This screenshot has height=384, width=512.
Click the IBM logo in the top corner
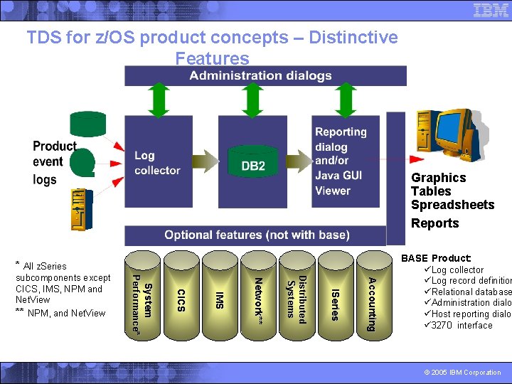[490, 10]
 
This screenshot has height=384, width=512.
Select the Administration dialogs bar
[265, 75]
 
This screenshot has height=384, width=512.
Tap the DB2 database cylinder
[253, 162]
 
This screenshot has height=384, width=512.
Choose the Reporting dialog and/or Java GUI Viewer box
[346, 161]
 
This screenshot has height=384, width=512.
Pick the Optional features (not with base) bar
[257, 235]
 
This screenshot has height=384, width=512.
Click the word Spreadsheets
[452, 205]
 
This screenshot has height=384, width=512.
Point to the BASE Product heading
[436, 258]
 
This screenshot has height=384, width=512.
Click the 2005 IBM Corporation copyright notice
[463, 372]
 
